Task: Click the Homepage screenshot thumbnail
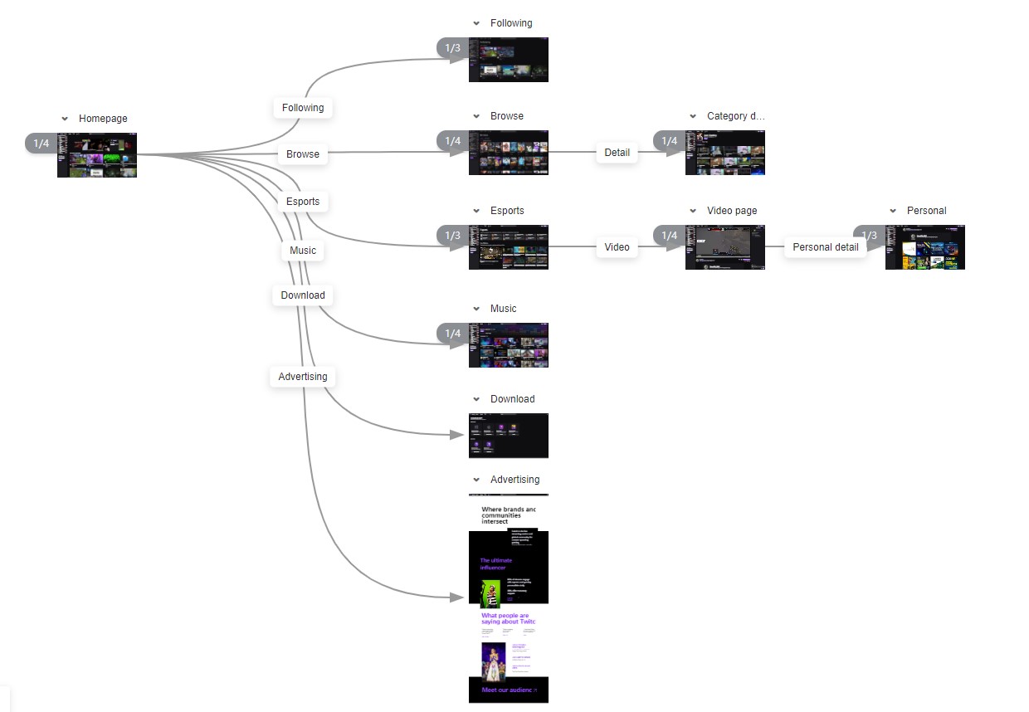[x=97, y=155]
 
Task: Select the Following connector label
[x=303, y=108]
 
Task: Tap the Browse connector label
[x=303, y=154]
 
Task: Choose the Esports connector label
[x=303, y=202]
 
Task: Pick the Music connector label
[x=303, y=251]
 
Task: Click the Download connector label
[x=303, y=295]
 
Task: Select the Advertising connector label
[x=303, y=377]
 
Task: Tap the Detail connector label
[x=617, y=153]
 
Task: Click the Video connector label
[x=617, y=247]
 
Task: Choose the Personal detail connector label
[x=825, y=247]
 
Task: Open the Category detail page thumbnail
[x=725, y=153]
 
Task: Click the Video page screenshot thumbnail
[x=725, y=247]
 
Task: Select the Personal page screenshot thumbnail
[x=925, y=247]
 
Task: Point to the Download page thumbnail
[x=509, y=436]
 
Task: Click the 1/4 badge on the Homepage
[x=41, y=144]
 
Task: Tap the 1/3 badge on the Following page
[x=452, y=48]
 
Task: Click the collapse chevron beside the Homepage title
[x=65, y=119]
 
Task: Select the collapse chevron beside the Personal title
[x=893, y=211]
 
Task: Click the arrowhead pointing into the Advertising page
[x=456, y=597]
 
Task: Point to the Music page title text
[x=503, y=309]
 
